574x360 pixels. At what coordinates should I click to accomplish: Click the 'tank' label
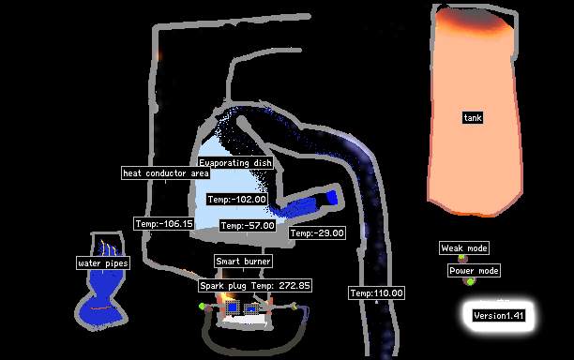473,118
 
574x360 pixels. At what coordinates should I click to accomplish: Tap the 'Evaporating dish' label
235,163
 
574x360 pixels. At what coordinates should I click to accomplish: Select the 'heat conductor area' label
166,173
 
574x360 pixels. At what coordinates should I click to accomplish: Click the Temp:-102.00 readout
236,200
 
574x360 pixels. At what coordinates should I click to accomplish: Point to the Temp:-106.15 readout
164,223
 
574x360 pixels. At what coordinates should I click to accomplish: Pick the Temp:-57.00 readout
248,226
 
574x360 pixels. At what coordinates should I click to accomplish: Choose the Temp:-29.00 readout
317,233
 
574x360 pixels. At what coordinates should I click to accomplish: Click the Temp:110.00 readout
376,293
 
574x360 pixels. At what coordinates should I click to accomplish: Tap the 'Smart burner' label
243,262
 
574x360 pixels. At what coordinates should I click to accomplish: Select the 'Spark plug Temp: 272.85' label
255,285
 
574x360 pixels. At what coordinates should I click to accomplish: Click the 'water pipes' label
103,263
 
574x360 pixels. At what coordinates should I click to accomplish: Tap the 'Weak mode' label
464,248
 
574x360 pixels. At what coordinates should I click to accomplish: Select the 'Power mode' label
474,271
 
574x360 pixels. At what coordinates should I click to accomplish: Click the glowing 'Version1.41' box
499,315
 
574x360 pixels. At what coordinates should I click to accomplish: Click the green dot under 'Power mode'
470,281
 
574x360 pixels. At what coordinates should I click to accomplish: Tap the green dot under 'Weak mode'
461,257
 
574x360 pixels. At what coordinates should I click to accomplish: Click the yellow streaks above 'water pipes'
109,247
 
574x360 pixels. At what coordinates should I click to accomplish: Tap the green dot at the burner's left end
202,306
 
